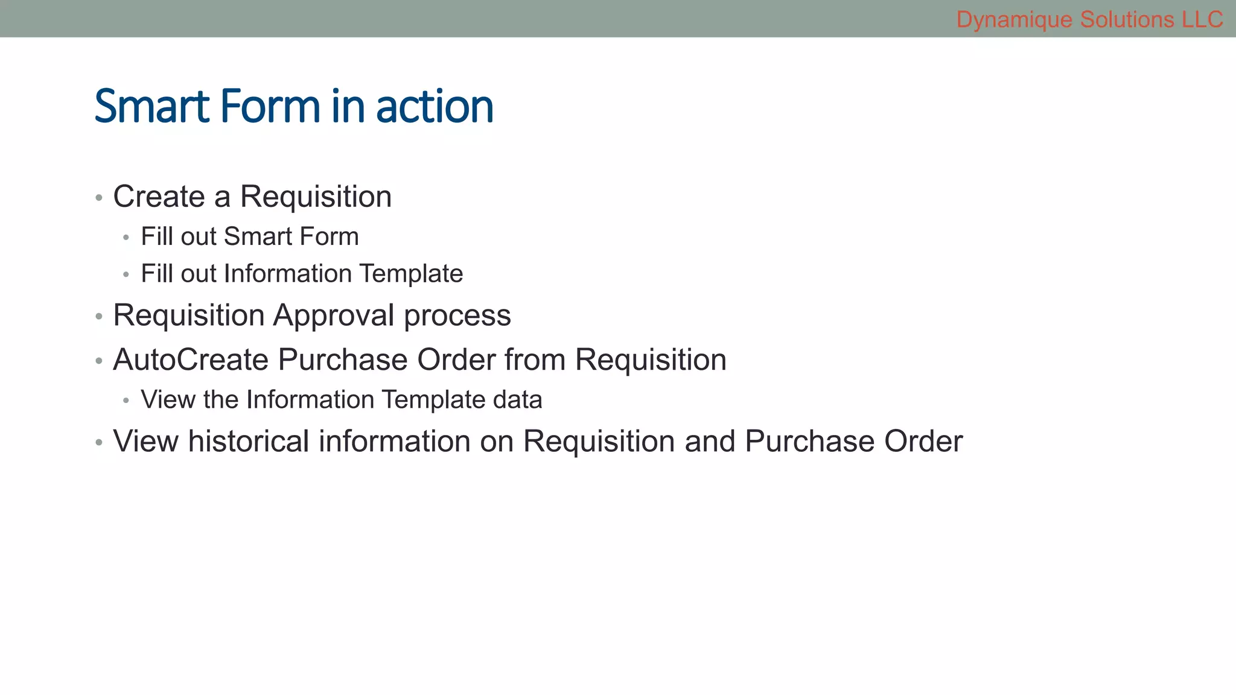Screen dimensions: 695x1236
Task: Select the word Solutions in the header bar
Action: tap(1127, 20)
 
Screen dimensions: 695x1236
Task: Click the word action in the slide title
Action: tap(435, 107)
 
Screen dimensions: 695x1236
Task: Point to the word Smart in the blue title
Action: tap(152, 107)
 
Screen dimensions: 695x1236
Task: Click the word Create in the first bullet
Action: tap(159, 197)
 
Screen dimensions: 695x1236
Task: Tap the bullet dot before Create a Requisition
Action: tap(99, 198)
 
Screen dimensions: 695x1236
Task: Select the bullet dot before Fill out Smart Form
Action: tap(126, 238)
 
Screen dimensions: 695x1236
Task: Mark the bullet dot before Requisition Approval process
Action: tap(99, 317)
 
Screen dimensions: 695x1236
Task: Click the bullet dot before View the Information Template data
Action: tap(126, 401)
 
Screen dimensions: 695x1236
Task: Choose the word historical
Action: tap(249, 441)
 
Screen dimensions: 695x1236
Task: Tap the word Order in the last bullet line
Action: tap(923, 441)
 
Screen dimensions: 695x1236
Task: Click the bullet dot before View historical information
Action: tap(99, 443)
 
